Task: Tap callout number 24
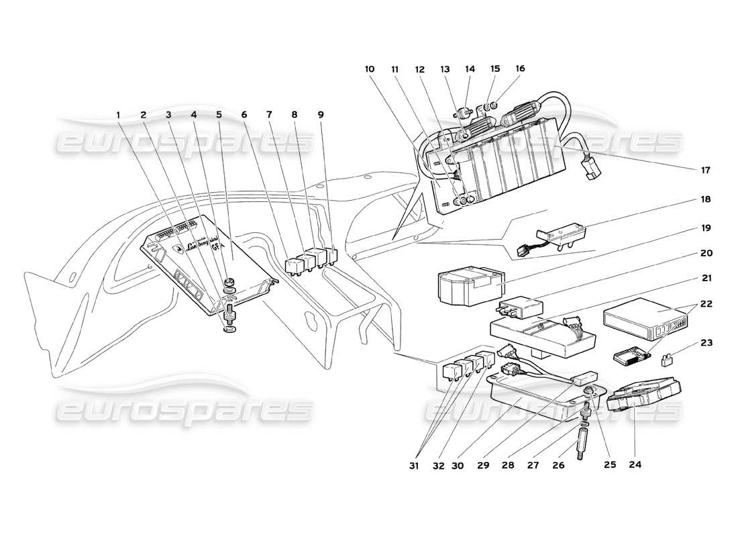(635, 463)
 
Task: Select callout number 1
(118, 115)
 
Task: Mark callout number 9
(321, 115)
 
